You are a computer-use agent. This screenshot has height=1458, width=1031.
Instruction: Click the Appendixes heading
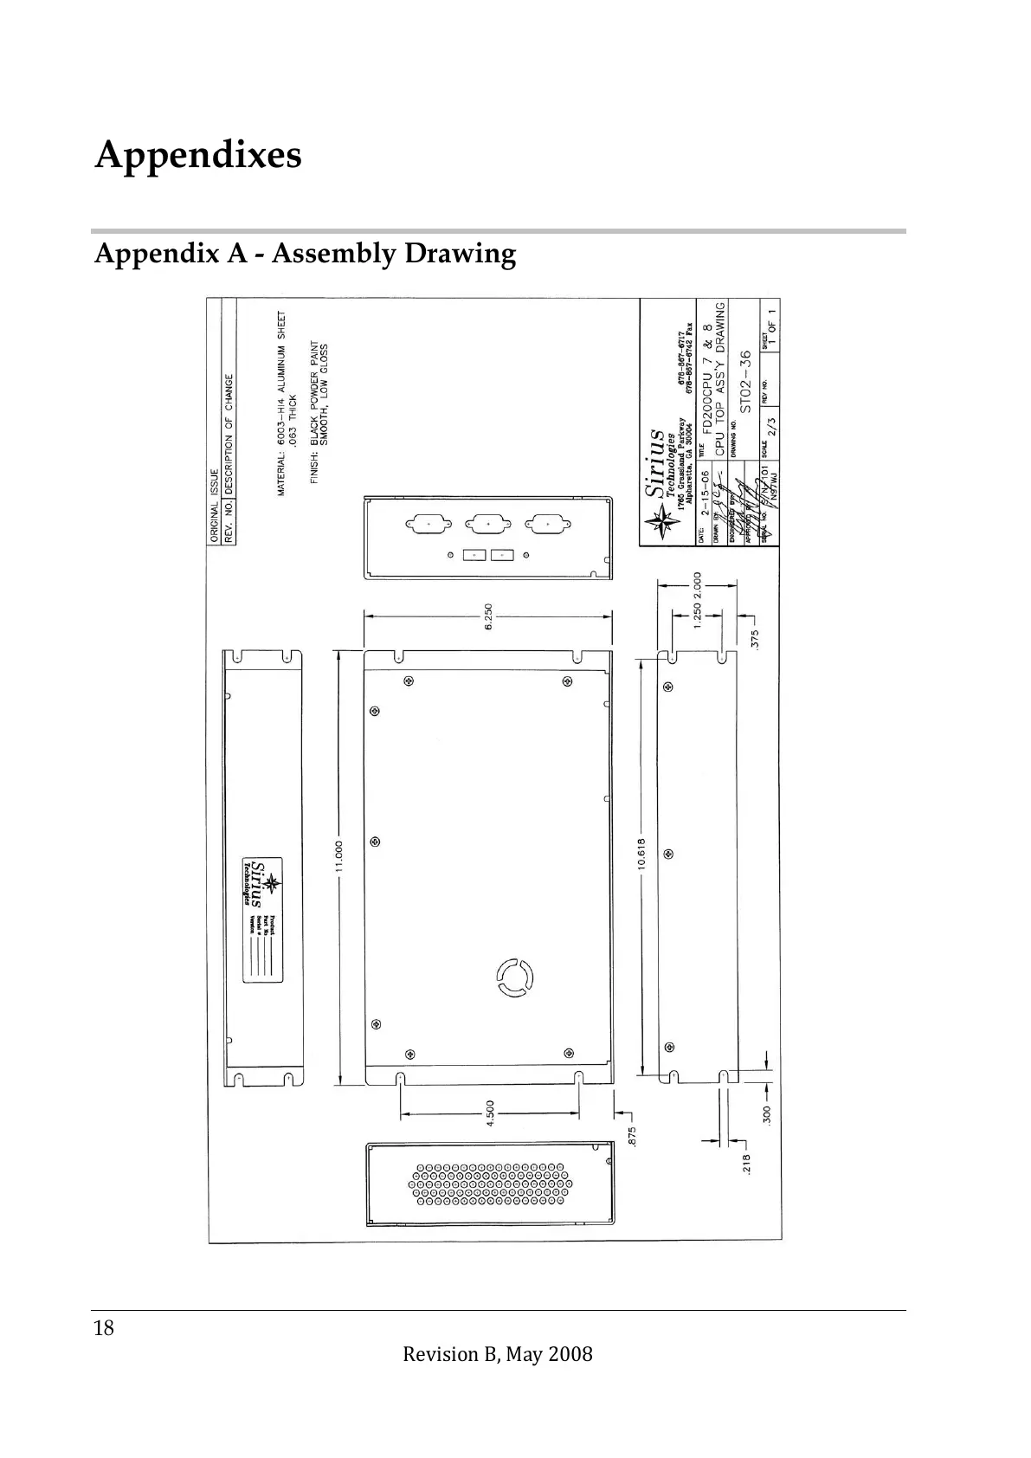198,156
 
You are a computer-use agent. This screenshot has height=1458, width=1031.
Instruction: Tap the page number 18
104,1328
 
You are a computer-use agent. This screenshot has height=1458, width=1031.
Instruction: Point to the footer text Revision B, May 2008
498,1355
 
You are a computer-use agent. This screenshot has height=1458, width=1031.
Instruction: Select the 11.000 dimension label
339,857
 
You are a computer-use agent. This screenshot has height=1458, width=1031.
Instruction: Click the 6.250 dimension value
488,616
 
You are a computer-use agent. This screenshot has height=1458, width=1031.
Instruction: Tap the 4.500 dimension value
490,1113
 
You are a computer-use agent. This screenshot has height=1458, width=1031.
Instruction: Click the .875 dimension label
633,1135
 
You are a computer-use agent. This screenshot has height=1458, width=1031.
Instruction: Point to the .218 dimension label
747,1163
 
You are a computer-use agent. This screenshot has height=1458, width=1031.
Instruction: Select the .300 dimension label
767,1115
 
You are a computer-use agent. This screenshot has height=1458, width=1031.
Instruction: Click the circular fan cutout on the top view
514,978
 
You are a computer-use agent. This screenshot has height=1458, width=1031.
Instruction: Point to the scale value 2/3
771,428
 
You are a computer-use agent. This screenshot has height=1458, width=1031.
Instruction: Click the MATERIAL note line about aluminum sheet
282,403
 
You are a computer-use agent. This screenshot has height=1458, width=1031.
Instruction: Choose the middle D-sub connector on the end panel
487,525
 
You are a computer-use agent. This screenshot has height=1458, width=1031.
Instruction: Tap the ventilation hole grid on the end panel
488,1184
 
